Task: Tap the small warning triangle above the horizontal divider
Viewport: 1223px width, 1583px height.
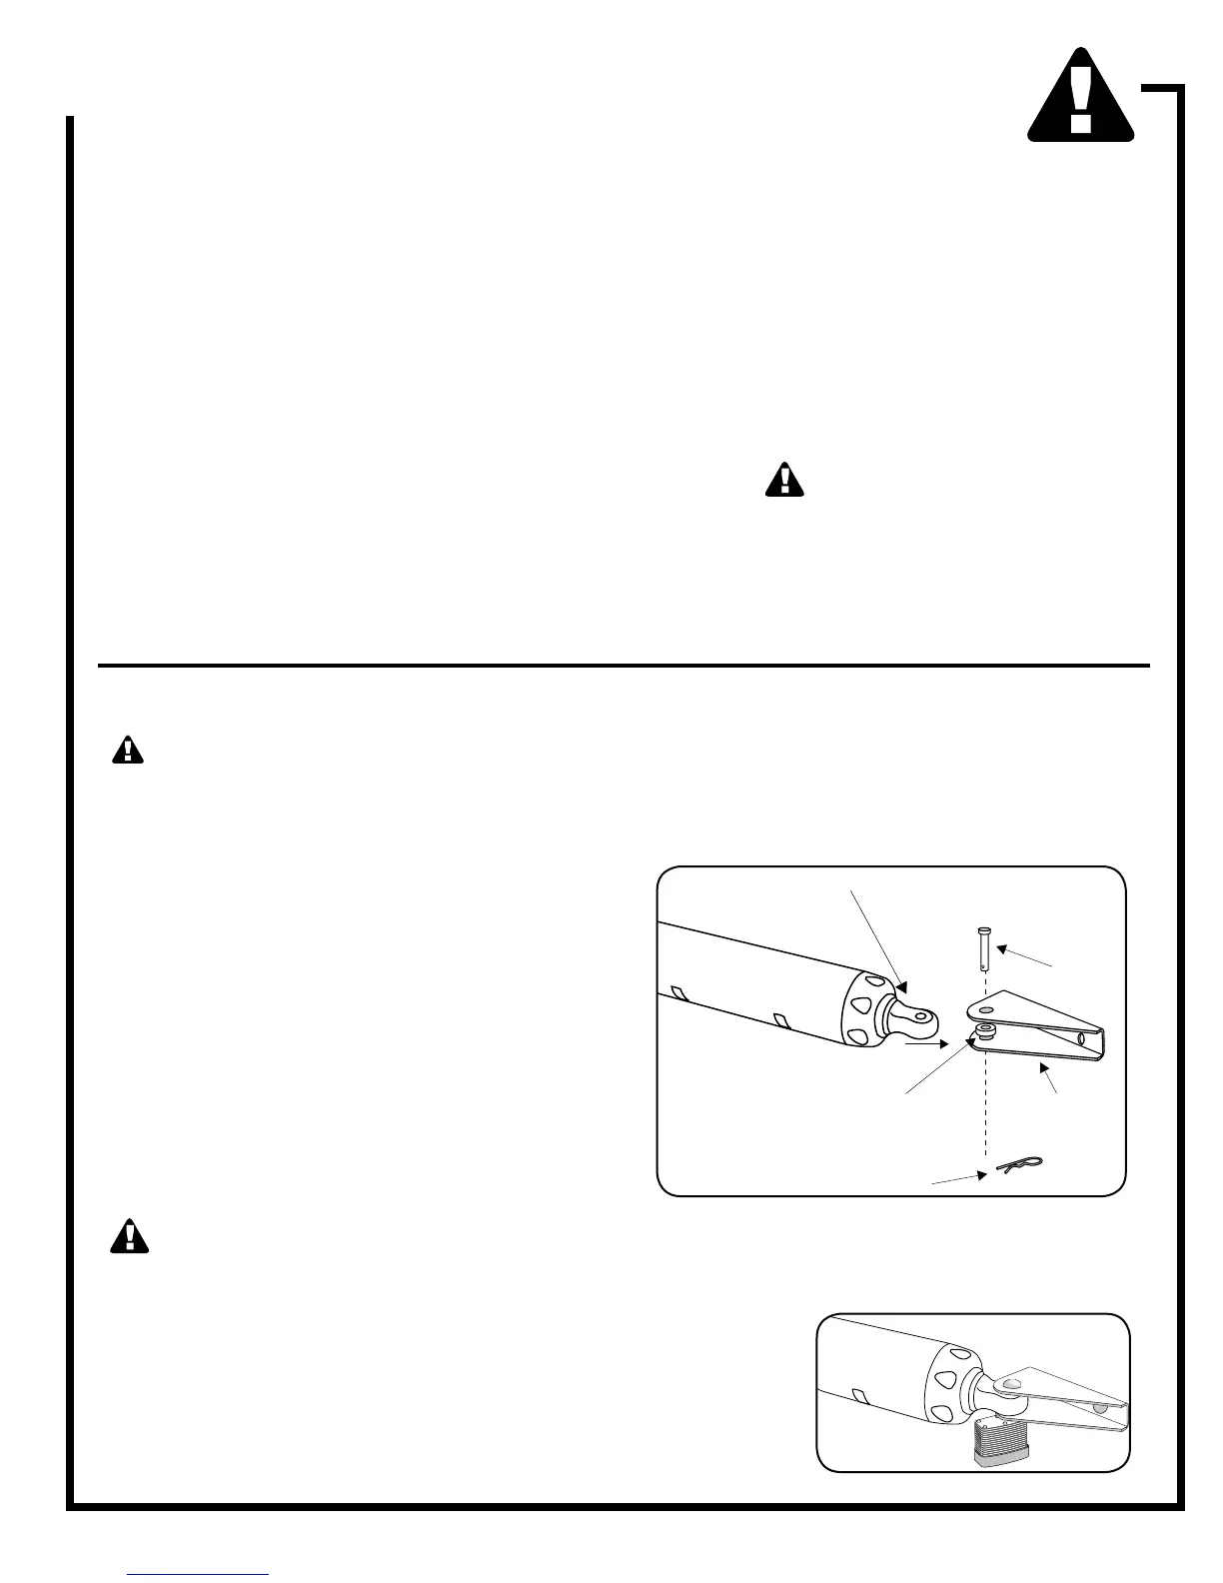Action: click(x=785, y=481)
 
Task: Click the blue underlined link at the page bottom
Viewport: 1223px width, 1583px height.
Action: click(x=199, y=1574)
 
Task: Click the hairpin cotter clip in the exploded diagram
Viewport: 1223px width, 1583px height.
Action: click(x=1019, y=1165)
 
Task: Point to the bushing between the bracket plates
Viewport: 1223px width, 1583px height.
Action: click(x=985, y=1029)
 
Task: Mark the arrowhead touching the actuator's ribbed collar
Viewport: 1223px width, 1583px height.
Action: click(x=905, y=984)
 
